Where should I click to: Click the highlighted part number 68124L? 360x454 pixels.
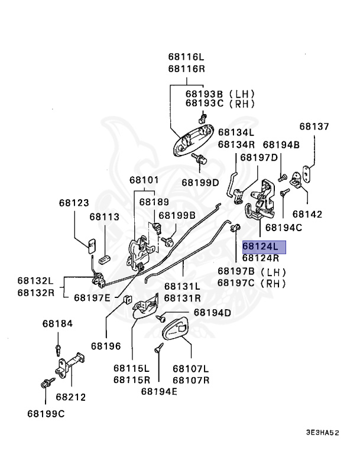click(260, 247)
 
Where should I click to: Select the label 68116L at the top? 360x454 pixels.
click(186, 57)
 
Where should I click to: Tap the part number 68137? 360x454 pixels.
click(314, 127)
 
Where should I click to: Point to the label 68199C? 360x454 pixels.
click(46, 414)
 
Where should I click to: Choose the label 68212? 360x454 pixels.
click(71, 397)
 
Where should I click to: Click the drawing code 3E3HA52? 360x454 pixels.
click(322, 433)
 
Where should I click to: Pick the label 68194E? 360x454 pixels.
click(159, 391)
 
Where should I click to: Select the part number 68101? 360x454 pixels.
click(144, 180)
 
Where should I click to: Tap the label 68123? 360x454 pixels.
click(74, 203)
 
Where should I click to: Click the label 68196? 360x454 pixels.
click(106, 346)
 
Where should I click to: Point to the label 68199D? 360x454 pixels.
click(200, 183)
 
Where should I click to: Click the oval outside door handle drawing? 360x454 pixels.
click(193, 140)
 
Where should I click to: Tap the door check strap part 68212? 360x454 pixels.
click(70, 364)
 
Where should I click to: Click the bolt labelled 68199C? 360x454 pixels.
click(47, 383)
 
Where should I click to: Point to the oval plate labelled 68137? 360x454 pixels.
click(306, 173)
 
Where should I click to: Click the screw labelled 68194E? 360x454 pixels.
click(159, 348)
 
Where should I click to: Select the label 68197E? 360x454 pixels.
click(92, 298)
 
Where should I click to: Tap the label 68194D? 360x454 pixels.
click(212, 313)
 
